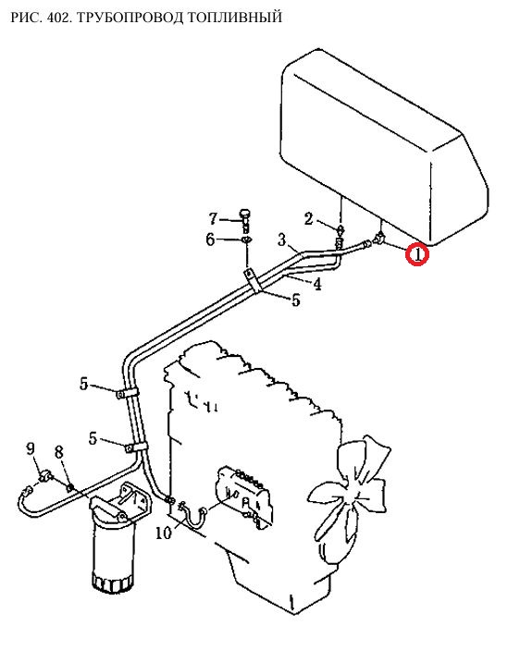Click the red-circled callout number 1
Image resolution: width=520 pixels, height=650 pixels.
tap(417, 254)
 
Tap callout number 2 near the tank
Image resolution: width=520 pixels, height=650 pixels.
tap(308, 218)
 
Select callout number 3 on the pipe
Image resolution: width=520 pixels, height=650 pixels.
tap(282, 239)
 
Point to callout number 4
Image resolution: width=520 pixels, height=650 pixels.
tap(317, 285)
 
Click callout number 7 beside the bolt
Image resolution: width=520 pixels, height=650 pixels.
tap(213, 218)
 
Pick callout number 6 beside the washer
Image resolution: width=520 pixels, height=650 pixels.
tap(211, 239)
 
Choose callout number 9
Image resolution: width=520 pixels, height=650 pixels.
tap(31, 448)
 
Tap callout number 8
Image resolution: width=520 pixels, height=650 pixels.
tap(59, 452)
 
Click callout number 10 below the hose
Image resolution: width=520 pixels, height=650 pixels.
tap(164, 533)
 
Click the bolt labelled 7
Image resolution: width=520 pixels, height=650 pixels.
tap(244, 220)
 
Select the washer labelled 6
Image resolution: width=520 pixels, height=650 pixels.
tap(247, 240)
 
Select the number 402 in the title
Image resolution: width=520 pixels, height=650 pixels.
tap(63, 18)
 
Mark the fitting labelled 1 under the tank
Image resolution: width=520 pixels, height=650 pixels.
tap(379, 239)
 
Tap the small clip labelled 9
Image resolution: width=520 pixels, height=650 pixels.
tap(44, 476)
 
